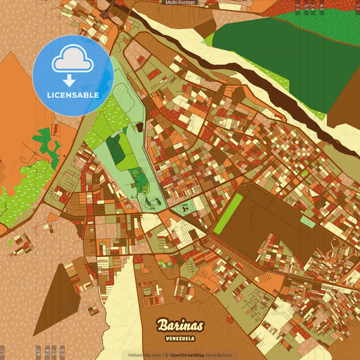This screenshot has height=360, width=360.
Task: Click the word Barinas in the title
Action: click(180, 325)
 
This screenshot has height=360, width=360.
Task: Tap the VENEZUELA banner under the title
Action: click(180, 337)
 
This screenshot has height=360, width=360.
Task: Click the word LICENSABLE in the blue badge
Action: click(73, 95)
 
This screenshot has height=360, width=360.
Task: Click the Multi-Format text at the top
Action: click(180, 3)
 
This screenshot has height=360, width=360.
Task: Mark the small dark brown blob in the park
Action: click(139, 126)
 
